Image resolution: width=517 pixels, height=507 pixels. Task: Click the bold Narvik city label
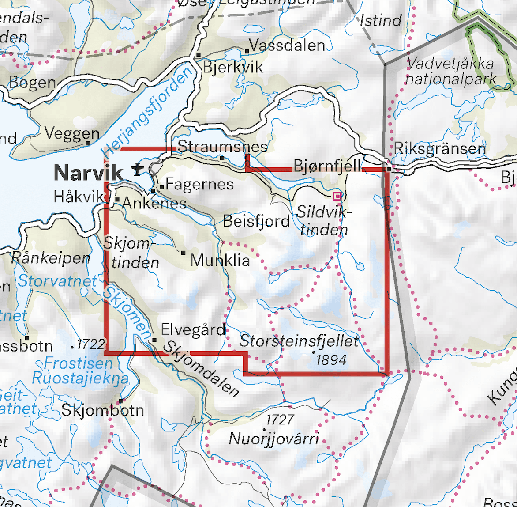click(x=88, y=172)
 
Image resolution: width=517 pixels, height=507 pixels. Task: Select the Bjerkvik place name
click(x=232, y=67)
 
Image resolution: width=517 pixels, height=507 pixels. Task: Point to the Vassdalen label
click(x=287, y=45)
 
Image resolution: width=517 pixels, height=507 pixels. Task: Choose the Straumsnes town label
click(x=223, y=147)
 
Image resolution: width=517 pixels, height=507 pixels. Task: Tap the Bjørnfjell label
click(x=327, y=167)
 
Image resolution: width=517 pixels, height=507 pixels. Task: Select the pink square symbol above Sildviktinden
click(x=337, y=196)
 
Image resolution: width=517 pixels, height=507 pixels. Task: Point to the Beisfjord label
click(x=256, y=221)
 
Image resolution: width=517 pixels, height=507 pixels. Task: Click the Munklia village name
click(x=220, y=260)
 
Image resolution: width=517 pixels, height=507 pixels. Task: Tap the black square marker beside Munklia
click(x=184, y=253)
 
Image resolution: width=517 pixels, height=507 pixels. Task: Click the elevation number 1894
click(x=331, y=360)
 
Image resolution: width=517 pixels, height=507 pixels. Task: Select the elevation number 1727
click(x=280, y=419)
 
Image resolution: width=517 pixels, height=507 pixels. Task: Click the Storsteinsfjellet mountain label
click(x=299, y=341)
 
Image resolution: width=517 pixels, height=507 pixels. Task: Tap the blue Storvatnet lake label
click(x=57, y=280)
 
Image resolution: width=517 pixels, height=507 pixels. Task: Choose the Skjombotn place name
click(x=103, y=410)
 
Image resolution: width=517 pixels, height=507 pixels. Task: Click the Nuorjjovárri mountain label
click(x=273, y=439)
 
